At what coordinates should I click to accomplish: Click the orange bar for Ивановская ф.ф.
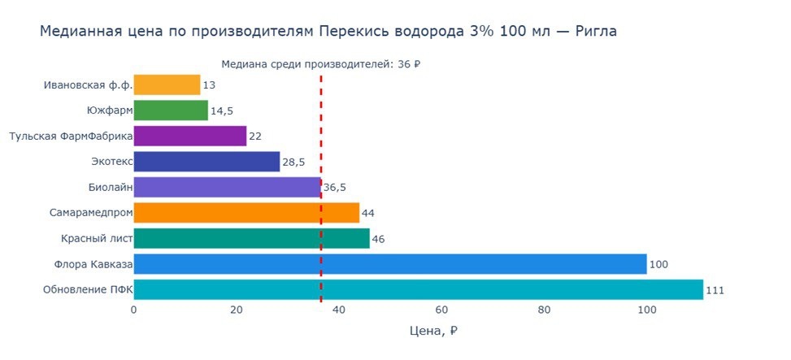point(167,85)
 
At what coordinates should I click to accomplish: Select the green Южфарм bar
point(171,111)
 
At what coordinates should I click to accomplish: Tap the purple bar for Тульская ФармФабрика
point(189,136)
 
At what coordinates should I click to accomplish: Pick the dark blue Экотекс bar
point(206,162)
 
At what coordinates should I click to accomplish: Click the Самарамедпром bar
point(246,213)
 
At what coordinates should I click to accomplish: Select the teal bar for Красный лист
point(251,238)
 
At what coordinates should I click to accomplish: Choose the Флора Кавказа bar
point(390,264)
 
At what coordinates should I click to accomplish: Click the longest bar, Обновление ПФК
point(418,290)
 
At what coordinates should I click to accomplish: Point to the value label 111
point(715,291)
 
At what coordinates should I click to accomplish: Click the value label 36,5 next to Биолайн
point(335,188)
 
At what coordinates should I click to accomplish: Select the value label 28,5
point(293,163)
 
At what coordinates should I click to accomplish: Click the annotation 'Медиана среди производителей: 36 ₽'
point(325,64)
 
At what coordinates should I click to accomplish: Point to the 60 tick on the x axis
point(441,310)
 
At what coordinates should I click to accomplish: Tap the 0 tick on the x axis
point(133,310)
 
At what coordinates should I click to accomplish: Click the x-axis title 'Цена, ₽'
point(434,332)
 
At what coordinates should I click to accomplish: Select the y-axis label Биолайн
point(110,188)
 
